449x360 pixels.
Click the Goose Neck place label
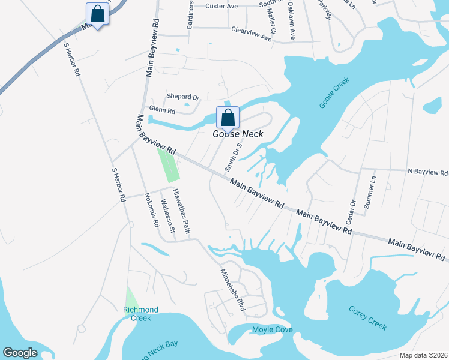tap(238, 134)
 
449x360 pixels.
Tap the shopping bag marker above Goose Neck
tap(228, 116)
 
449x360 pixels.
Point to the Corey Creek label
tap(367, 317)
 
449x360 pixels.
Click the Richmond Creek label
tap(140, 314)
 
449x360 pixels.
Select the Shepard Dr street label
tap(183, 97)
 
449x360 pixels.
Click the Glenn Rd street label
tap(163, 111)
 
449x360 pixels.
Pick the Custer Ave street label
tap(221, 6)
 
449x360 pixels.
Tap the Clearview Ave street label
tap(252, 33)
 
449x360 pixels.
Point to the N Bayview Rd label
tap(427, 172)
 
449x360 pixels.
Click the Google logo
tap(20, 353)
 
